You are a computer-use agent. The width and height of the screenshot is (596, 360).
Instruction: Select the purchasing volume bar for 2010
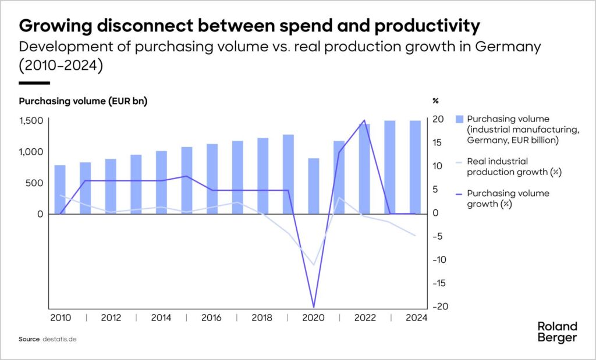60,190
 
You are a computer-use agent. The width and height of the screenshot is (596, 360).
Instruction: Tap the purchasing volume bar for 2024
415,167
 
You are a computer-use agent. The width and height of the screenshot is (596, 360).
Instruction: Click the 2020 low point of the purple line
314,306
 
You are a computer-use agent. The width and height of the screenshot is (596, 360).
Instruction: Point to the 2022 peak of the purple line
364,120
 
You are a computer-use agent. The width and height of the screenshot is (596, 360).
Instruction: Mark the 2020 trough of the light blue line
314,265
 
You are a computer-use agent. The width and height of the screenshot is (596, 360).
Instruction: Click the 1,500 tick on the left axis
31,120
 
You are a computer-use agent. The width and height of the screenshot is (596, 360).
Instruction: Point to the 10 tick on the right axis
439,166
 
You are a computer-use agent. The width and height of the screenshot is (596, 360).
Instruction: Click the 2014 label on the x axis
161,318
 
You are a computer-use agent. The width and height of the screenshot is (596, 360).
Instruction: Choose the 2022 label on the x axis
364,318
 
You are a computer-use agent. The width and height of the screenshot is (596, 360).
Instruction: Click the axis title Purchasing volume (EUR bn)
83,101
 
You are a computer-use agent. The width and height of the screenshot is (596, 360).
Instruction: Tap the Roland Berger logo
557,332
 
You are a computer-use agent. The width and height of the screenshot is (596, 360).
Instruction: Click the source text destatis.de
60,338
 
